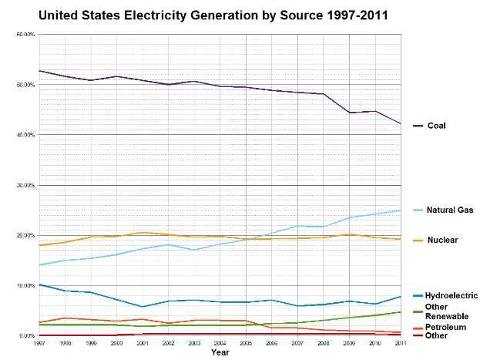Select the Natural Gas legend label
click(449, 210)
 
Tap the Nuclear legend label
click(443, 240)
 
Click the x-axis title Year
click(220, 352)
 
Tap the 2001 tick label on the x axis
click(142, 342)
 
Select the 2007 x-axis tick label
click(297, 342)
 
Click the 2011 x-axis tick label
click(401, 342)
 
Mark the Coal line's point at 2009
click(349, 113)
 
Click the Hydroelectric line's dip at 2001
click(142, 307)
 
